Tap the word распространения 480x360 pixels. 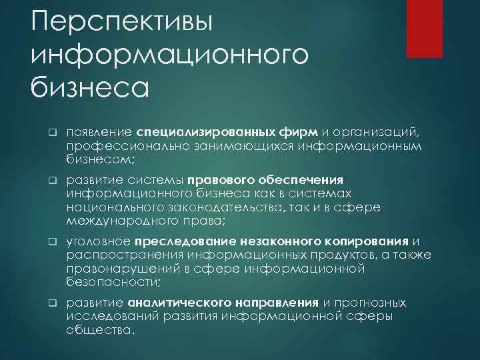pyautogui.click(x=125, y=255)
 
